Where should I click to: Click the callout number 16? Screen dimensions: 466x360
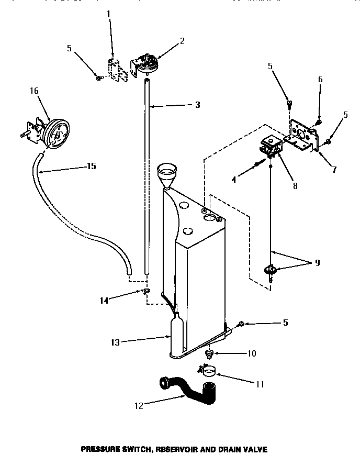[34, 91]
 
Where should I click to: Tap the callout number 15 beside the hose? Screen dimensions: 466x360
[91, 167]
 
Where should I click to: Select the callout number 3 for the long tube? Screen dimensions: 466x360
[197, 105]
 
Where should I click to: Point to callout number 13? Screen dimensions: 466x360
[115, 342]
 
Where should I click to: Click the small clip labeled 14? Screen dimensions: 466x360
[147, 291]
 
